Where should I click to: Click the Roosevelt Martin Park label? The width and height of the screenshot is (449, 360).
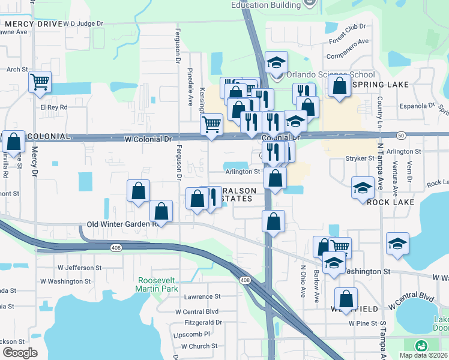pos(158,285)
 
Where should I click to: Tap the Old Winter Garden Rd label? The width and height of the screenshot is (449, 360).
pos(122,224)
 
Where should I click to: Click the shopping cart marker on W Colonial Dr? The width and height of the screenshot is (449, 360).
pos(211,125)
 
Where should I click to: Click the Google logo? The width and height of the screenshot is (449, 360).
pos(20,353)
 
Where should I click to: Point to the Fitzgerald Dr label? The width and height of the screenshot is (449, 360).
pos(203,322)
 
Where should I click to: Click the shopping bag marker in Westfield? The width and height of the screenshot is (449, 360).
pos(346,298)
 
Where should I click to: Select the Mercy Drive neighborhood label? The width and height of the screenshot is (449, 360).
pos(33,25)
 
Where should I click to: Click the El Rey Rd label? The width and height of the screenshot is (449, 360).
pos(53,107)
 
